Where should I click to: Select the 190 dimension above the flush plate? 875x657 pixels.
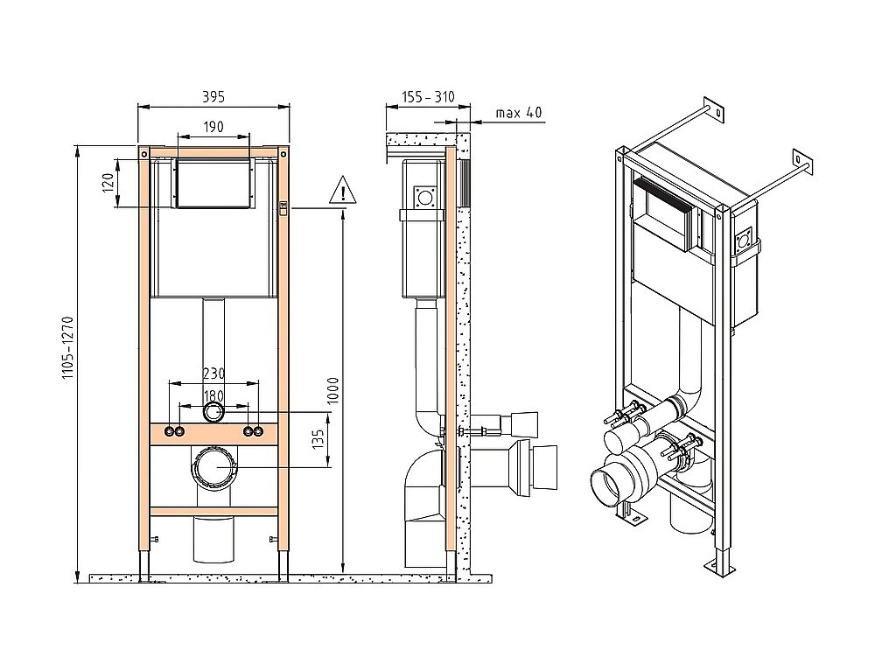click(x=213, y=127)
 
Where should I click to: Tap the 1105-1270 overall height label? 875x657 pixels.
click(x=67, y=348)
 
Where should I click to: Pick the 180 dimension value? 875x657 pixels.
click(x=213, y=396)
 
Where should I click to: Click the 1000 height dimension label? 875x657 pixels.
click(x=333, y=391)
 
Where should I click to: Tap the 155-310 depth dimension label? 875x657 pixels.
click(x=428, y=97)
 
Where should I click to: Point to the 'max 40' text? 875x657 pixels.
click(x=518, y=113)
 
